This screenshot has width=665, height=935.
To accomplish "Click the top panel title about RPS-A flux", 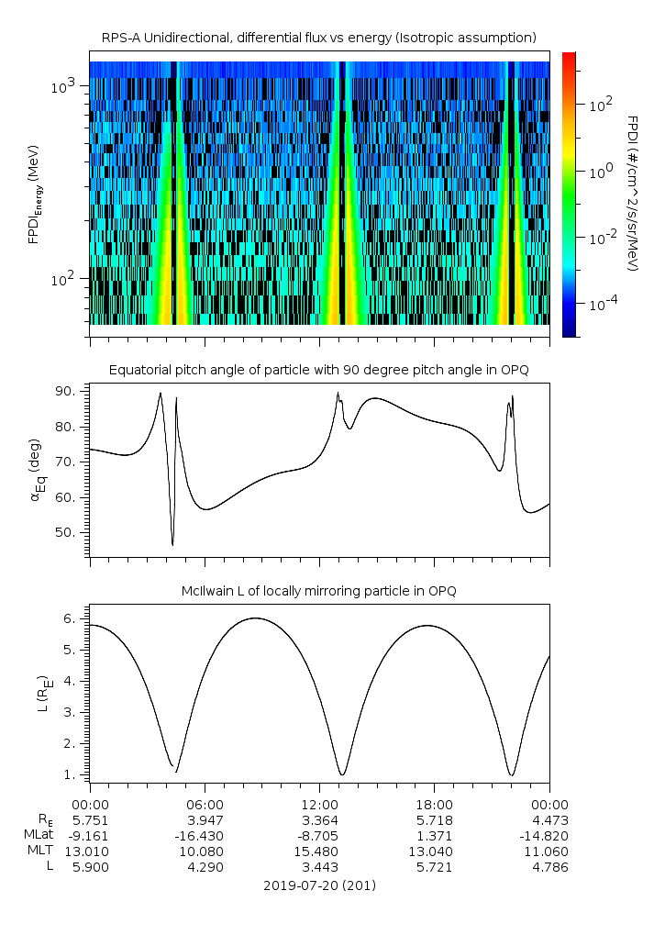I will point(319,37).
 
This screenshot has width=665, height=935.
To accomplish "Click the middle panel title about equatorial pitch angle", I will point(319,370).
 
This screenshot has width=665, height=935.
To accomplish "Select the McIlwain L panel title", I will point(319,591).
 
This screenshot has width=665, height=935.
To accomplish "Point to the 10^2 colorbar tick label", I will point(600,106).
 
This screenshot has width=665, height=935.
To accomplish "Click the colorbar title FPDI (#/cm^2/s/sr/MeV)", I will point(632,194).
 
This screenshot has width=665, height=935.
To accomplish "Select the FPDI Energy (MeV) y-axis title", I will point(34,194).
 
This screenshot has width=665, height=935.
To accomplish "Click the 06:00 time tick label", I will point(205,803).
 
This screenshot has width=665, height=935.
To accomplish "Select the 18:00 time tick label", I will point(434,803).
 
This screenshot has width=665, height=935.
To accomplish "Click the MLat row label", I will point(39,835).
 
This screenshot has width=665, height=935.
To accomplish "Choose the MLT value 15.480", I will point(319,851).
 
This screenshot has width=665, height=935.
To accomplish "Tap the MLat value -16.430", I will point(205,835).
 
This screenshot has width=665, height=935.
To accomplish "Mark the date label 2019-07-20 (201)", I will point(319,885).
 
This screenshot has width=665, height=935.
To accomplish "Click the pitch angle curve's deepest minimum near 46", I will point(172,545).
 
